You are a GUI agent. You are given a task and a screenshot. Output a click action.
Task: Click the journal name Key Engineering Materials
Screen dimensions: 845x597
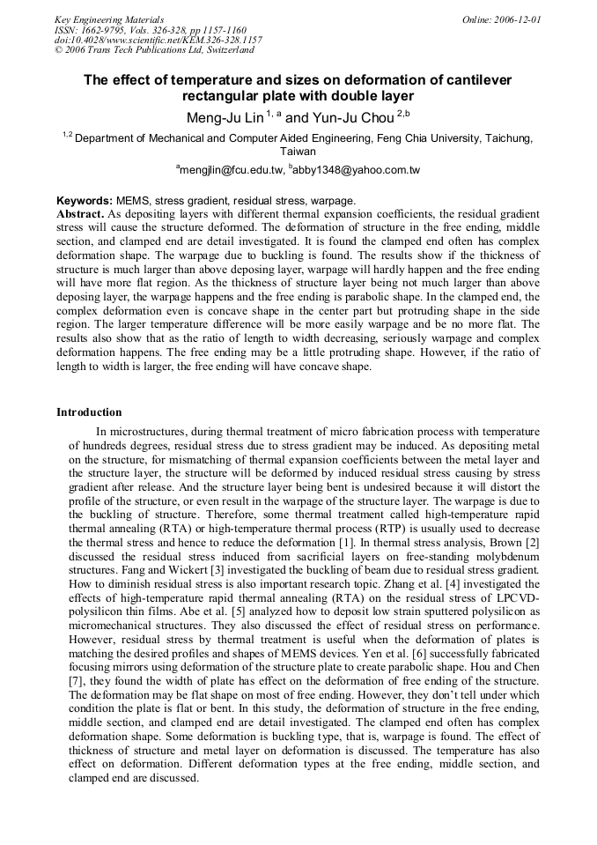point(109,19)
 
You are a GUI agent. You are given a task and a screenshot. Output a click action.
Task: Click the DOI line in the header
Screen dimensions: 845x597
point(158,41)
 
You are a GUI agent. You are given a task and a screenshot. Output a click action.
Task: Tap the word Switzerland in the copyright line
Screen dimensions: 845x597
point(230,50)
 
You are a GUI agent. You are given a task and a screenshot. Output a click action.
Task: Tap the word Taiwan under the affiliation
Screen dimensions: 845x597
point(298,152)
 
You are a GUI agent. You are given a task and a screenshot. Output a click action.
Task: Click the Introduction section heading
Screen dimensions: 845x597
point(89,412)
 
